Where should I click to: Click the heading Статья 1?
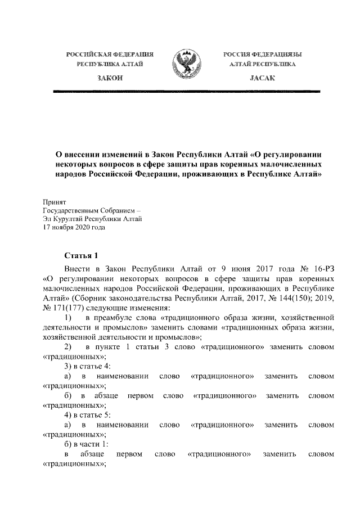(x=82, y=254)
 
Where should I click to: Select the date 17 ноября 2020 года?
(x=74, y=228)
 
